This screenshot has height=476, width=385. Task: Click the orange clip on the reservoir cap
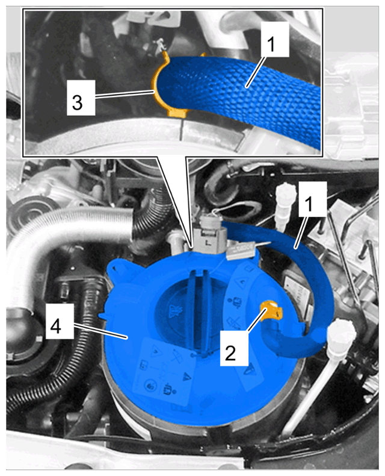(273, 311)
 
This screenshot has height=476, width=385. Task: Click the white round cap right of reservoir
(342, 336)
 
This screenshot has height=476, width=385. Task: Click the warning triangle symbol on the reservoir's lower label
(186, 377)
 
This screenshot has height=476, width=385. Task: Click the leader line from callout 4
(99, 331)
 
